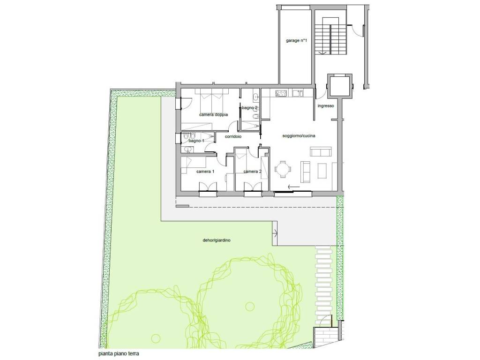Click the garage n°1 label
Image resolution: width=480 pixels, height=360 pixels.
(296, 40)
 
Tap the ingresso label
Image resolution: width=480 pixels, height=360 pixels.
(326, 106)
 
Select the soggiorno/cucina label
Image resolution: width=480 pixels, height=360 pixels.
(299, 135)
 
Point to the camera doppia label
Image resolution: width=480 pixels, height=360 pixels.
(214, 115)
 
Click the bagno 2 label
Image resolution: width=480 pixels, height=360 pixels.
(250, 108)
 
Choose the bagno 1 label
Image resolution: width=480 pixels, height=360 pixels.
(196, 141)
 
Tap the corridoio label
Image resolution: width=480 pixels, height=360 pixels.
(233, 136)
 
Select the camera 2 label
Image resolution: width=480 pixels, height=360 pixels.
(253, 172)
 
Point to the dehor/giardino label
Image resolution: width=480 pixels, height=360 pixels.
(217, 240)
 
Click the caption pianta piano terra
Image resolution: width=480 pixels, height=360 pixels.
(119, 354)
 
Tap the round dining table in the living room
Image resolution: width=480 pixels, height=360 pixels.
(283, 169)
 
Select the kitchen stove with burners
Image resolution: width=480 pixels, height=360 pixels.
(281, 93)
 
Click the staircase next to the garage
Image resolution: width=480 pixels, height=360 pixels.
(331, 36)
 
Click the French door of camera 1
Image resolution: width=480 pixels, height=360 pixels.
(208, 187)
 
